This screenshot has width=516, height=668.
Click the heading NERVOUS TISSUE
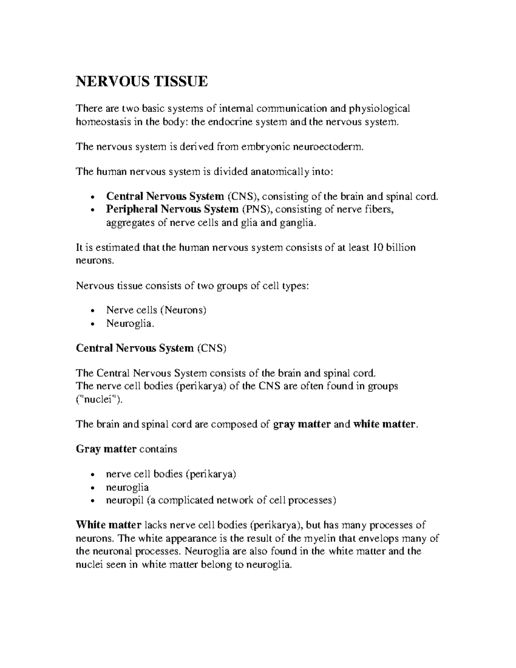[x=141, y=81]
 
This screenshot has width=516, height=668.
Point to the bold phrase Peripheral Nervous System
[x=172, y=209]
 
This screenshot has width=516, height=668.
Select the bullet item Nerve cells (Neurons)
[x=156, y=310]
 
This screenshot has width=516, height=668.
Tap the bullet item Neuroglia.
[x=129, y=323]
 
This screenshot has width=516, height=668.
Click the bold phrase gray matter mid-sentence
[x=302, y=425]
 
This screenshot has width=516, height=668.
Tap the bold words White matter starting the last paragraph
[x=108, y=525]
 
